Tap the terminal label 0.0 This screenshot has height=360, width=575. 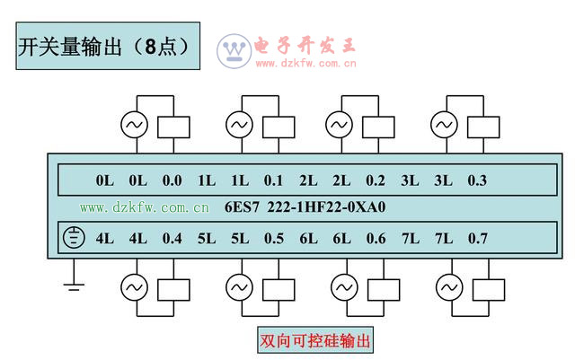172,180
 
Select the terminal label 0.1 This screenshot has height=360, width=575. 273,180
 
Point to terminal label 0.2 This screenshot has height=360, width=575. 376,180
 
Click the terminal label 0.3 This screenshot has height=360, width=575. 477,180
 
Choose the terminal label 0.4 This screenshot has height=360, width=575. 172,239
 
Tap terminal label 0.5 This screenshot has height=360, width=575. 273,239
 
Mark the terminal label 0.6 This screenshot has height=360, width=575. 376,239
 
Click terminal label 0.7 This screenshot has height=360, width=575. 477,239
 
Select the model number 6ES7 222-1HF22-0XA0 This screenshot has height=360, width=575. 306,208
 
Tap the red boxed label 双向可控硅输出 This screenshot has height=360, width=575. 314,341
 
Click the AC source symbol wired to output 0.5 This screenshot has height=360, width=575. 239,287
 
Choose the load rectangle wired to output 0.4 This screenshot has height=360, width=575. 174,287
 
